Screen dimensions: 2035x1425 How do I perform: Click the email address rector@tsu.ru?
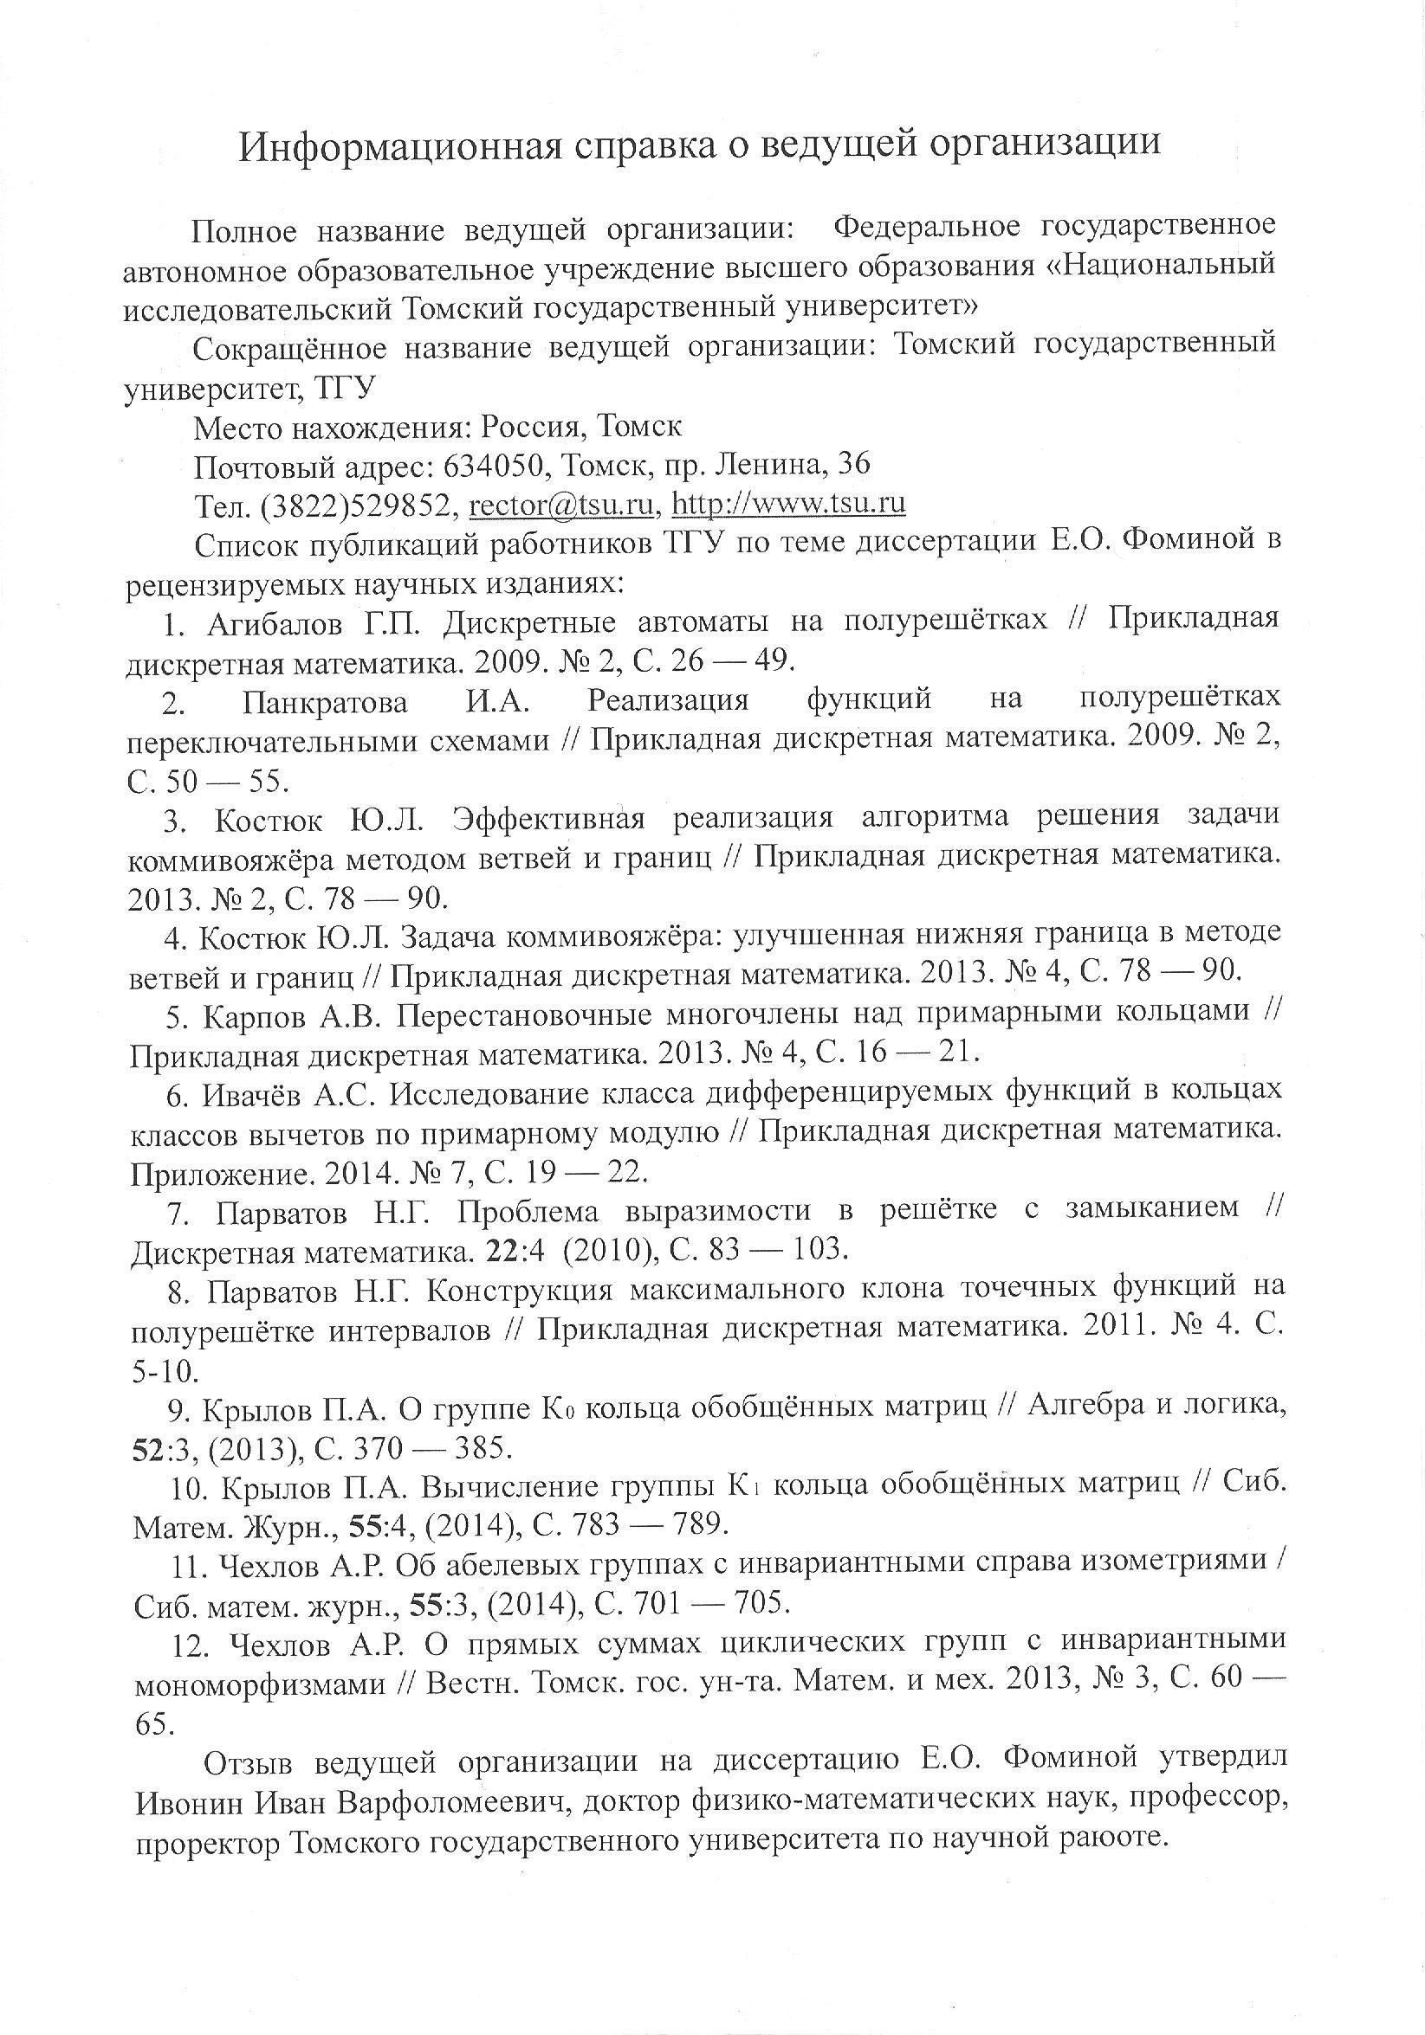pos(562,504)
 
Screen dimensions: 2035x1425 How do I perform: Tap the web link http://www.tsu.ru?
pos(789,504)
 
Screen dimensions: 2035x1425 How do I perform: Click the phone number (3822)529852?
pos(360,505)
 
